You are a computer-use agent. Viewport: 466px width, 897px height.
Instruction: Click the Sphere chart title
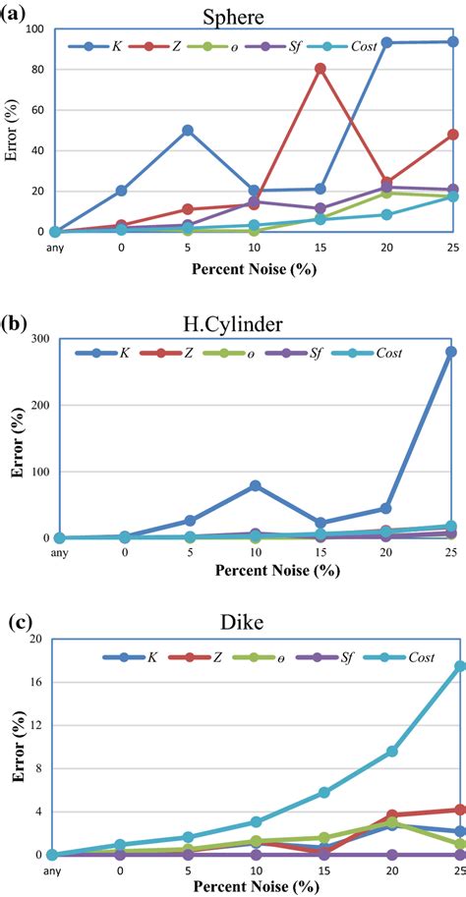pyautogui.click(x=256, y=17)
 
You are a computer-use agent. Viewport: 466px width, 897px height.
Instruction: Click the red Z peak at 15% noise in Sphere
pyautogui.click(x=320, y=69)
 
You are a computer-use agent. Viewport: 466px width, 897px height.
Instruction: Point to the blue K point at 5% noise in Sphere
pyautogui.click(x=187, y=130)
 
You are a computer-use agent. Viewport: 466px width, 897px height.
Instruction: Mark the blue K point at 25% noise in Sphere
pyautogui.click(x=453, y=41)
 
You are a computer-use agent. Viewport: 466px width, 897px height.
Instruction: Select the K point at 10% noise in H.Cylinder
pyautogui.click(x=255, y=485)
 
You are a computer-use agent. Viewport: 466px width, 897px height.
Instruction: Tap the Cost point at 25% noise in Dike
pyautogui.click(x=459, y=666)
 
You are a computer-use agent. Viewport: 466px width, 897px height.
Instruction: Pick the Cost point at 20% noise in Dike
pyautogui.click(x=391, y=751)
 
